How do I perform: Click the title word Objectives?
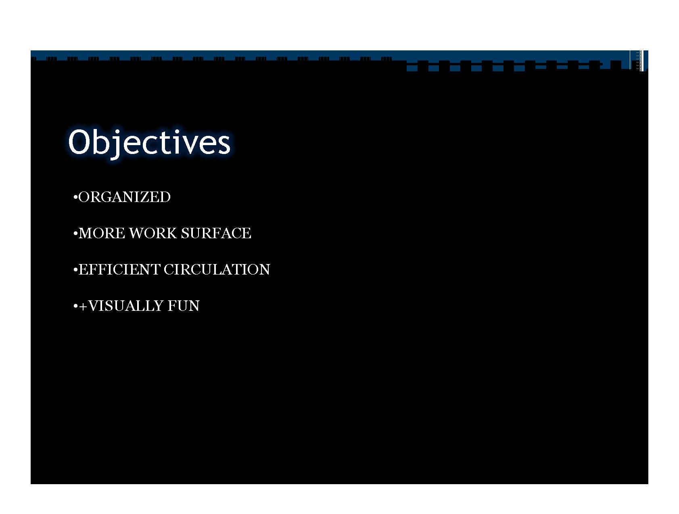[x=149, y=143]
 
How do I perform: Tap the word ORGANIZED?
[x=125, y=197]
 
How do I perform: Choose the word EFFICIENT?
[x=119, y=270]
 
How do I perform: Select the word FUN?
[x=184, y=306]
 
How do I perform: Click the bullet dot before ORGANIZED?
[x=75, y=198]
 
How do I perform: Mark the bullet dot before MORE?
[x=75, y=234]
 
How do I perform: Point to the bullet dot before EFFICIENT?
[x=75, y=270]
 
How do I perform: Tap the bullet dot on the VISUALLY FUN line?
[x=75, y=306]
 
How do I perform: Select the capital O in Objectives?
[x=79, y=142]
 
